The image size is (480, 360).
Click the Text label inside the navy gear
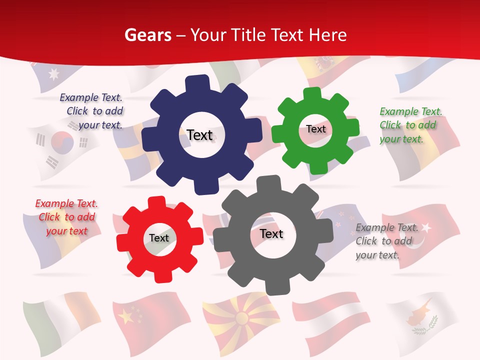199,135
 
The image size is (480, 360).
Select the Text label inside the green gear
316,129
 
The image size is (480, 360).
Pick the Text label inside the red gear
159,238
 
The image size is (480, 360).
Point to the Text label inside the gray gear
271,233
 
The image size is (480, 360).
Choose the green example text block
410,125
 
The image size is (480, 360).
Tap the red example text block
66,217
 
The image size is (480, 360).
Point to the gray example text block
386,241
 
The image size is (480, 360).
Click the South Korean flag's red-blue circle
62,142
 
